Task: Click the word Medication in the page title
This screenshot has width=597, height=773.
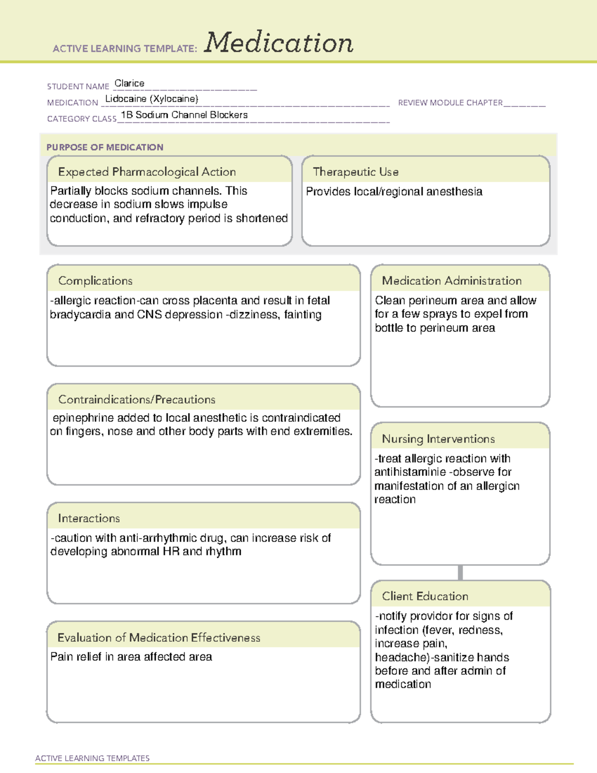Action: (x=279, y=43)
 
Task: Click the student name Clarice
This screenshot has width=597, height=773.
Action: (x=129, y=83)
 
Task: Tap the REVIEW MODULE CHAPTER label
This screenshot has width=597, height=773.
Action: (x=450, y=103)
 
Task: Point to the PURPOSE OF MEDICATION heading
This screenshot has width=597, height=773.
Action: (x=105, y=147)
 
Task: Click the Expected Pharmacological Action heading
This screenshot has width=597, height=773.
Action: (x=147, y=172)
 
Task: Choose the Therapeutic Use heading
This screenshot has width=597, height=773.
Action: (x=356, y=172)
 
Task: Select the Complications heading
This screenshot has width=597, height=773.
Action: (x=96, y=281)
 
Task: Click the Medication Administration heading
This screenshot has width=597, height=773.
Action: (x=452, y=281)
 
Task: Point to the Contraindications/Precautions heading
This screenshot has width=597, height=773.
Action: (x=137, y=399)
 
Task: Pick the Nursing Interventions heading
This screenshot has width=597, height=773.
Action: (x=438, y=439)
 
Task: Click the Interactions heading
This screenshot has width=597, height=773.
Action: (x=89, y=518)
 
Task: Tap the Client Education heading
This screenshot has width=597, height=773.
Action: (x=425, y=596)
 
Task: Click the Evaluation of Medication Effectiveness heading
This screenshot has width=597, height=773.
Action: (x=159, y=638)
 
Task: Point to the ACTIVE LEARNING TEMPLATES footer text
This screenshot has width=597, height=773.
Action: (x=93, y=758)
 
